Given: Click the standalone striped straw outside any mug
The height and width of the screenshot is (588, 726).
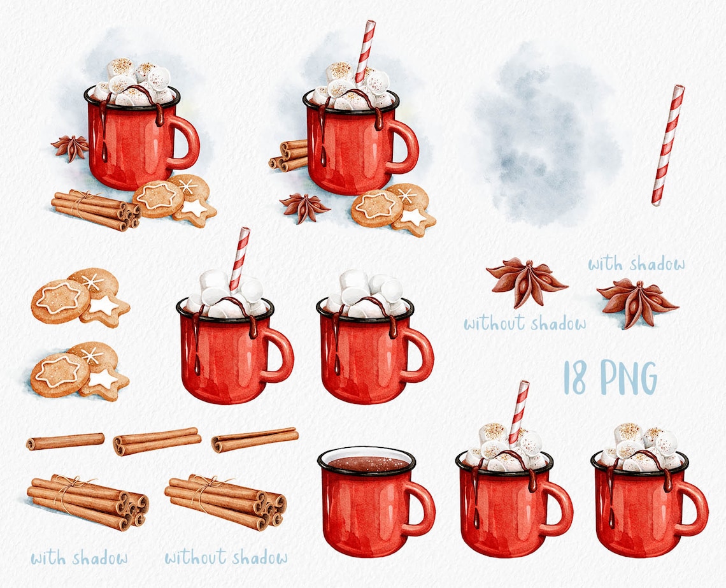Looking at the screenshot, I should click(667, 145).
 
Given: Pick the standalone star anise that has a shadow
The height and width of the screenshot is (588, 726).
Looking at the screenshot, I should click(637, 303).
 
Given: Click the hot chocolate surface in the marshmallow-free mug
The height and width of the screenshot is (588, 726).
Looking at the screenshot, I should click(366, 463).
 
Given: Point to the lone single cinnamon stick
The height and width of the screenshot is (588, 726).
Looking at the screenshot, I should click(66, 441).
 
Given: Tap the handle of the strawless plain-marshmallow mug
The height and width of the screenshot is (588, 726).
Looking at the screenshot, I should click(420, 354).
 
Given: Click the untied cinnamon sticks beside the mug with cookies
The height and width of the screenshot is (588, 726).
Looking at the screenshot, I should click(288, 155).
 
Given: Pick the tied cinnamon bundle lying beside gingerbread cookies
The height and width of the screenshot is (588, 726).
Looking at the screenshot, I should click(95, 209).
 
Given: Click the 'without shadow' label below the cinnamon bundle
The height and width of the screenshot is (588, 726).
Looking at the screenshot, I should click(225, 558).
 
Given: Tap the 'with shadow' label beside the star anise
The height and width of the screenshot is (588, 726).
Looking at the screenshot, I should click(636, 264).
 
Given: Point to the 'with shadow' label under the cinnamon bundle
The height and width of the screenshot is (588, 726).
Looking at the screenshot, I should click(79, 558).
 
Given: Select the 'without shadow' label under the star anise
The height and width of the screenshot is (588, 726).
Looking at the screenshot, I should click(525, 324).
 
